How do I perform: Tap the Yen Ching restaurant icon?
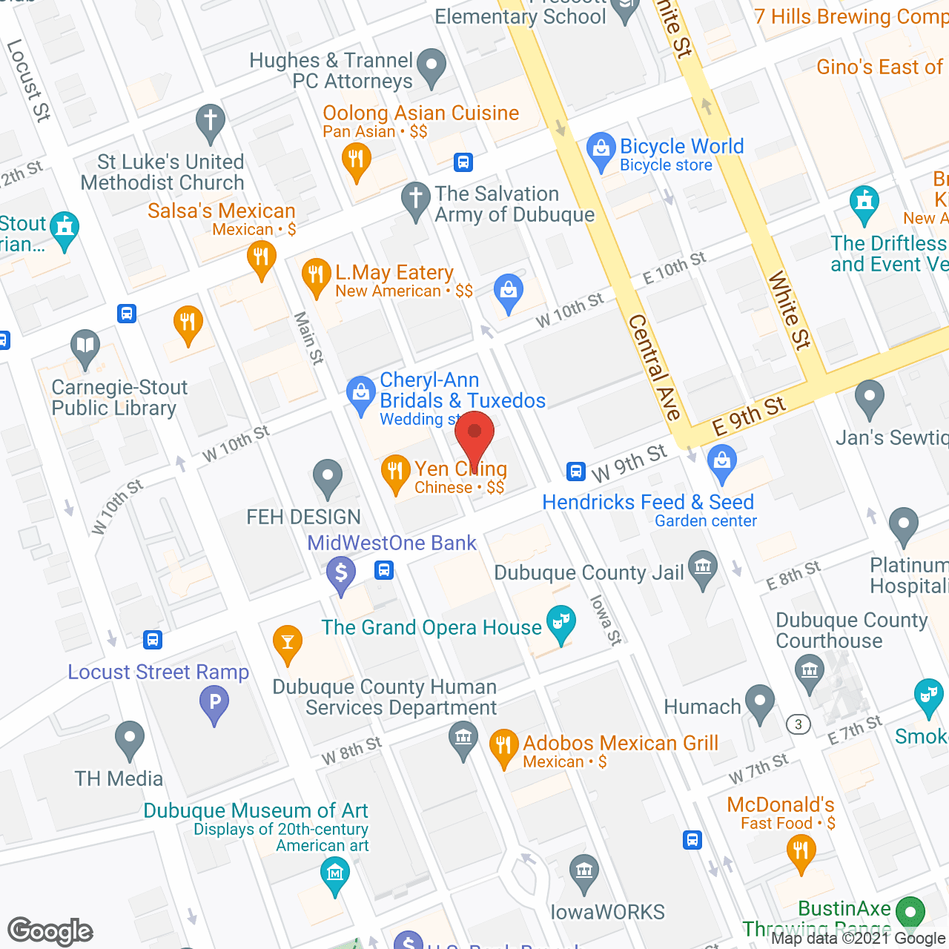(x=396, y=472)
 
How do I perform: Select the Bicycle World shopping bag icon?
(x=601, y=151)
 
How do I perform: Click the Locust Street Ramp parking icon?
(x=214, y=703)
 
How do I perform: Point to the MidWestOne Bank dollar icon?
(x=341, y=575)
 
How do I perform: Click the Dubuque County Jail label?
(x=589, y=572)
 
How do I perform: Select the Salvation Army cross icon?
(x=415, y=199)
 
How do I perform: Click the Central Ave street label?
(x=655, y=367)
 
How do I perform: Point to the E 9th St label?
(x=749, y=416)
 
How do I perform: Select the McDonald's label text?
(x=781, y=804)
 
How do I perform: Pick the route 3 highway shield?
(x=798, y=724)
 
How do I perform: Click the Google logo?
(x=50, y=931)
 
